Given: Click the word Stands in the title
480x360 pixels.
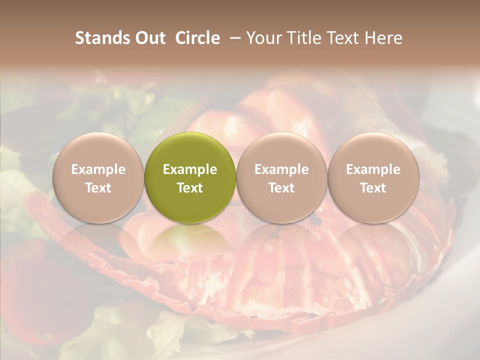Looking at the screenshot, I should pyautogui.click(x=101, y=38).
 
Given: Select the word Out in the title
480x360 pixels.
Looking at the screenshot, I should pyautogui.click(x=149, y=38).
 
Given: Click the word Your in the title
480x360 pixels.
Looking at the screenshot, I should pyautogui.click(x=262, y=38).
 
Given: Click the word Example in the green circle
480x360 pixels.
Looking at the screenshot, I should pyautogui.click(x=190, y=169).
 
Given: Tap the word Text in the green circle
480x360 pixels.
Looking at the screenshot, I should pyautogui.click(x=190, y=188).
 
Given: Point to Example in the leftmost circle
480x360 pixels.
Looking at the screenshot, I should pyautogui.click(x=98, y=169).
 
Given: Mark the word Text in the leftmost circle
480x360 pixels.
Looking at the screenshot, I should pyautogui.click(x=98, y=188).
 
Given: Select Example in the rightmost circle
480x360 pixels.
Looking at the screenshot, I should pyautogui.click(x=373, y=169).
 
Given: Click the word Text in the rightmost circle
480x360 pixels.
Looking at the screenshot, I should pyautogui.click(x=373, y=188).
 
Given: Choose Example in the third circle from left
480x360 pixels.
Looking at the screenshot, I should pyautogui.click(x=281, y=169).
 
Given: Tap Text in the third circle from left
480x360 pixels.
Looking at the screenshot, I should pyautogui.click(x=281, y=188).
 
